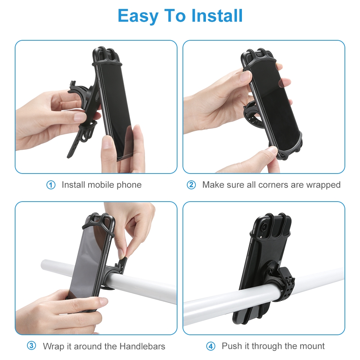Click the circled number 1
[x=51, y=185]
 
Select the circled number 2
[x=191, y=185]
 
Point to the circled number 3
[x=32, y=346]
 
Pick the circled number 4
[x=211, y=346]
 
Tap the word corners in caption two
[x=267, y=185]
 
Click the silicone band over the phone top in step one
[x=108, y=61]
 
